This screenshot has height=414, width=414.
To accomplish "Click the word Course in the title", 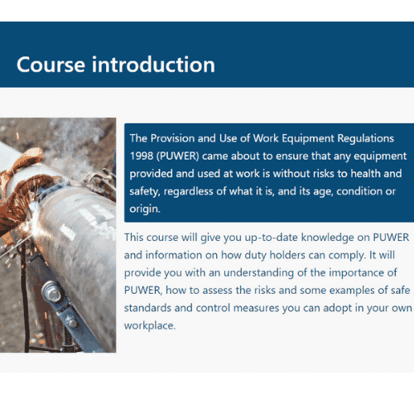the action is (51, 65).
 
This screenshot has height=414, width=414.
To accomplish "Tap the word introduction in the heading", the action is (153, 65).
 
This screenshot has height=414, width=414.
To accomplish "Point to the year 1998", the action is (142, 156).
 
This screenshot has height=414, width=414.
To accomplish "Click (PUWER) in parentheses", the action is (178, 156).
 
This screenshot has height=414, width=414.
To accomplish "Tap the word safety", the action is (145, 192).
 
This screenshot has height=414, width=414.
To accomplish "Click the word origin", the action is (145, 209).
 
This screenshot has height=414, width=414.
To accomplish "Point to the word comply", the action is (347, 256).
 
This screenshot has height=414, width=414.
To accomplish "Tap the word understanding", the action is (259, 273).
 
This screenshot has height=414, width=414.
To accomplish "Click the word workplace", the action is (150, 326).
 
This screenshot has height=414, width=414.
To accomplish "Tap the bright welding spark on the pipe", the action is (36, 207).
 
